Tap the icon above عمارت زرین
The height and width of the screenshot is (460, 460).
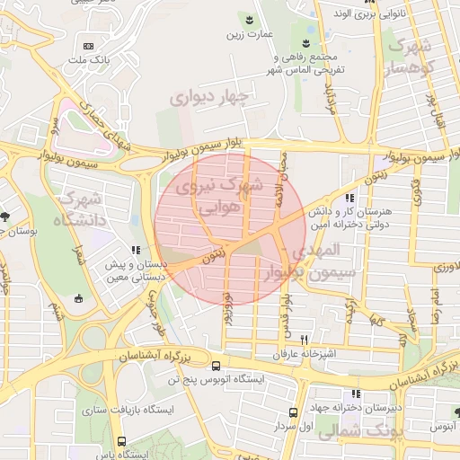(x=249, y=20)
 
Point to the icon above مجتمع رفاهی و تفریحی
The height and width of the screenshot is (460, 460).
(x=306, y=43)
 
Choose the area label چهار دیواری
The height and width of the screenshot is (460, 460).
(x=213, y=94)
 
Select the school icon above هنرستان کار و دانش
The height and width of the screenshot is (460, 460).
(x=349, y=198)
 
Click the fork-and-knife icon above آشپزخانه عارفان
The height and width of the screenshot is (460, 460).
(x=304, y=340)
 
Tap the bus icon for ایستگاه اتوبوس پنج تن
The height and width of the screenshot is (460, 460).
(x=216, y=367)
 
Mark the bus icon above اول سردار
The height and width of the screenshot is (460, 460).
(x=293, y=412)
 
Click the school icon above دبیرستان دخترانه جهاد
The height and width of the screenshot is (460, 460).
(x=358, y=394)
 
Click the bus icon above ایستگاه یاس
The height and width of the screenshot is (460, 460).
(x=122, y=441)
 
